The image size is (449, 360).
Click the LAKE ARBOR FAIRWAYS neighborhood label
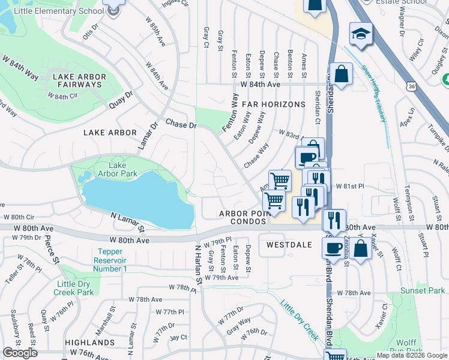79,80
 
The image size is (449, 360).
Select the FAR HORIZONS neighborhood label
274,104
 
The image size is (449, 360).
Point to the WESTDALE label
289,245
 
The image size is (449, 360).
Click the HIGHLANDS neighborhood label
90,343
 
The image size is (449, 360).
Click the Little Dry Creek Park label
76,288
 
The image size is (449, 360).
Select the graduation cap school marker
361,34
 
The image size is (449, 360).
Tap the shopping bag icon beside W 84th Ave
341,75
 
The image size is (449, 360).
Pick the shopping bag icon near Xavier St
362,248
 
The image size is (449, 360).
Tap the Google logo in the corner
20,353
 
